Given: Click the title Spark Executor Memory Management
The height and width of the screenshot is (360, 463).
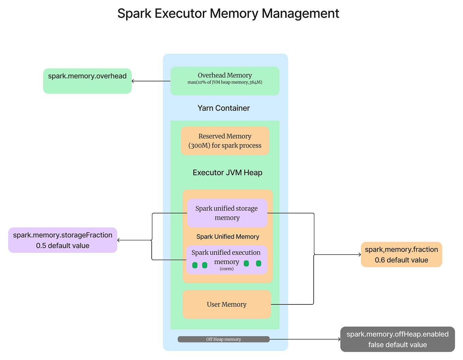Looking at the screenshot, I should coord(228,14).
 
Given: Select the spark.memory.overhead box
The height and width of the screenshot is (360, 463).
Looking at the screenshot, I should coord(87,81).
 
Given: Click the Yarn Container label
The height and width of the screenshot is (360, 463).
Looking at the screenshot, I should coord(224,108).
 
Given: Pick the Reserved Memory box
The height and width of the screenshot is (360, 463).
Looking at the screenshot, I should coord(225,141).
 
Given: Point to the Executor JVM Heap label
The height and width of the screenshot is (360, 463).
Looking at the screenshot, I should coord(227,172).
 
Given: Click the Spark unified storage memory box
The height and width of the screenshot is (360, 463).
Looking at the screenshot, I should coord(227,213).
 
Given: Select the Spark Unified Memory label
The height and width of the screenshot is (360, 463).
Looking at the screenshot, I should coord(228,237).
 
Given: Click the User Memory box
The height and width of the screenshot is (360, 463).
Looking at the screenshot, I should coord(226,304).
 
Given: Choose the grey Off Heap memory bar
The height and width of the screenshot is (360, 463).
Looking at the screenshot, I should coord(223,339).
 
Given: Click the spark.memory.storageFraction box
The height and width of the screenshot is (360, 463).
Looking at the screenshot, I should coord(63,240).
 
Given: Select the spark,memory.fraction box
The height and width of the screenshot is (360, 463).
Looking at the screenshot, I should coord(401,254).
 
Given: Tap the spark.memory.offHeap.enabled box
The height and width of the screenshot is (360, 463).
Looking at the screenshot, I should coord(397,339).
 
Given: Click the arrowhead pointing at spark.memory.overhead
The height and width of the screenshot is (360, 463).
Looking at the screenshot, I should coord(133,81).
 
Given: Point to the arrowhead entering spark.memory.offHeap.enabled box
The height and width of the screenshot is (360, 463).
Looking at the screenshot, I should coord(339,339).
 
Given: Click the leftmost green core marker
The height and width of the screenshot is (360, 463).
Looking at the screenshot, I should coord(195,265).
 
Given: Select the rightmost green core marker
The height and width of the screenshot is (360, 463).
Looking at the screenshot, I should coord(258,263).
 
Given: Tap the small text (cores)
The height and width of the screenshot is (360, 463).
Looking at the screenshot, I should coord(227,269).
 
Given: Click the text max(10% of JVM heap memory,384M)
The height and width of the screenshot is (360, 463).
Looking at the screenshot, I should coord(225,82).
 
